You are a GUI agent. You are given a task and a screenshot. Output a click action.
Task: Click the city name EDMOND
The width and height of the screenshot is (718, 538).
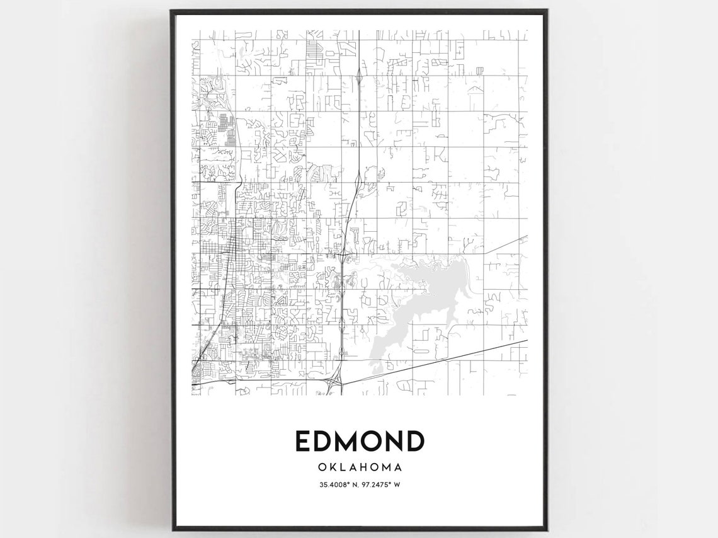[359, 441]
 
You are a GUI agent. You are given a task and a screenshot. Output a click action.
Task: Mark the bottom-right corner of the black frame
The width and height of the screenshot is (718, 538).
[545, 529]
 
